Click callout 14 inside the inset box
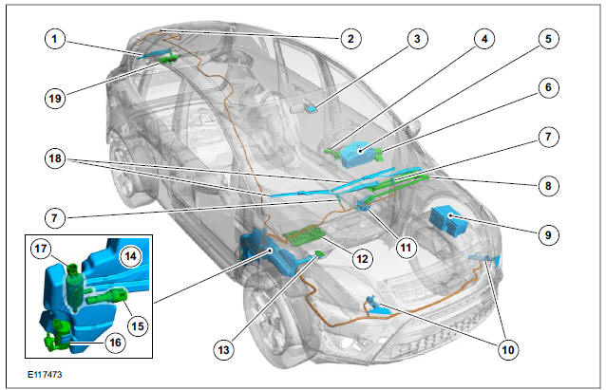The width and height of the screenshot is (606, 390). (x=129, y=254)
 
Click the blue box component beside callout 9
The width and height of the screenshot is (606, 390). (x=446, y=220)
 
